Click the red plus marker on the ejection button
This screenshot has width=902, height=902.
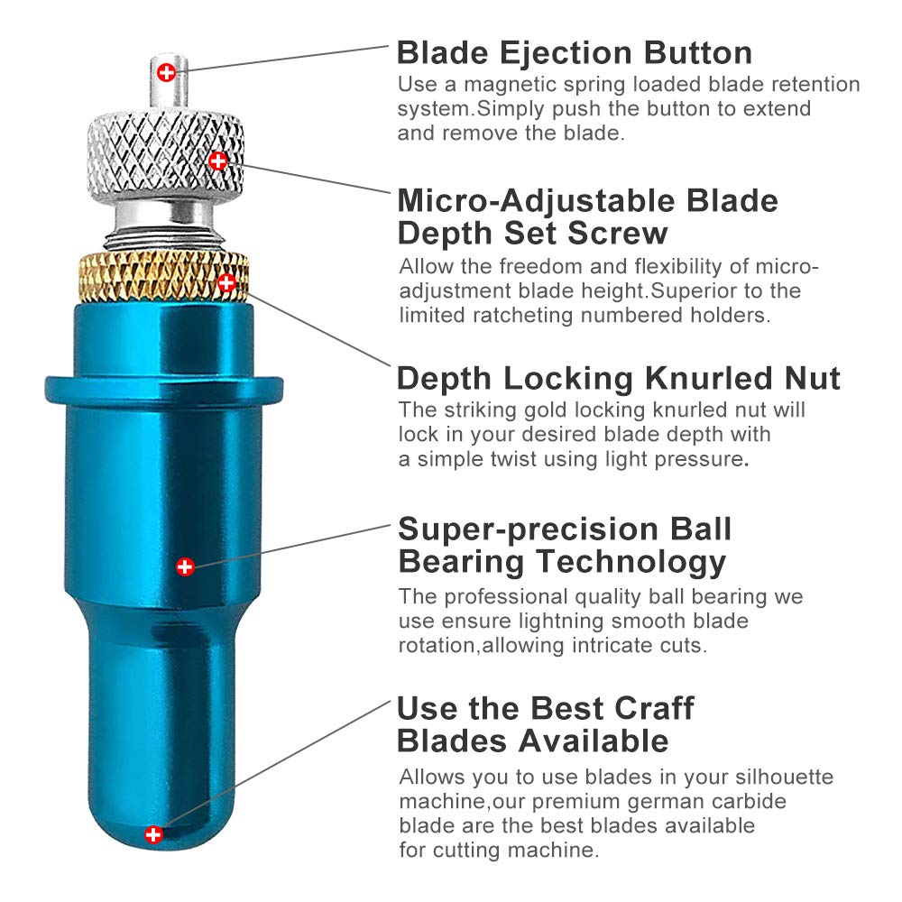167,72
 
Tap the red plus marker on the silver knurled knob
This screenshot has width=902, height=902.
218,161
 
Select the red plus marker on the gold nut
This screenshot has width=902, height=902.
226,282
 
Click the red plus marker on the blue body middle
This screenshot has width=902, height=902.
185,566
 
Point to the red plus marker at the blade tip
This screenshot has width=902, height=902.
153,834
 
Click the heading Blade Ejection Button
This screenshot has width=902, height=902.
574,53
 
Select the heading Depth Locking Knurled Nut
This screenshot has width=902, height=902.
619,379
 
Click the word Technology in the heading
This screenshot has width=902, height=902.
631,562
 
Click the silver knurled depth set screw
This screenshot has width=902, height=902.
166,154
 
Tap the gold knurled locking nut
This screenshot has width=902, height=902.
164,277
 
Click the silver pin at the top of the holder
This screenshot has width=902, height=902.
170,81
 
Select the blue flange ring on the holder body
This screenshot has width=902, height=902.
164,390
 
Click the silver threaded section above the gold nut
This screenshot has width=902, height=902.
164,237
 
